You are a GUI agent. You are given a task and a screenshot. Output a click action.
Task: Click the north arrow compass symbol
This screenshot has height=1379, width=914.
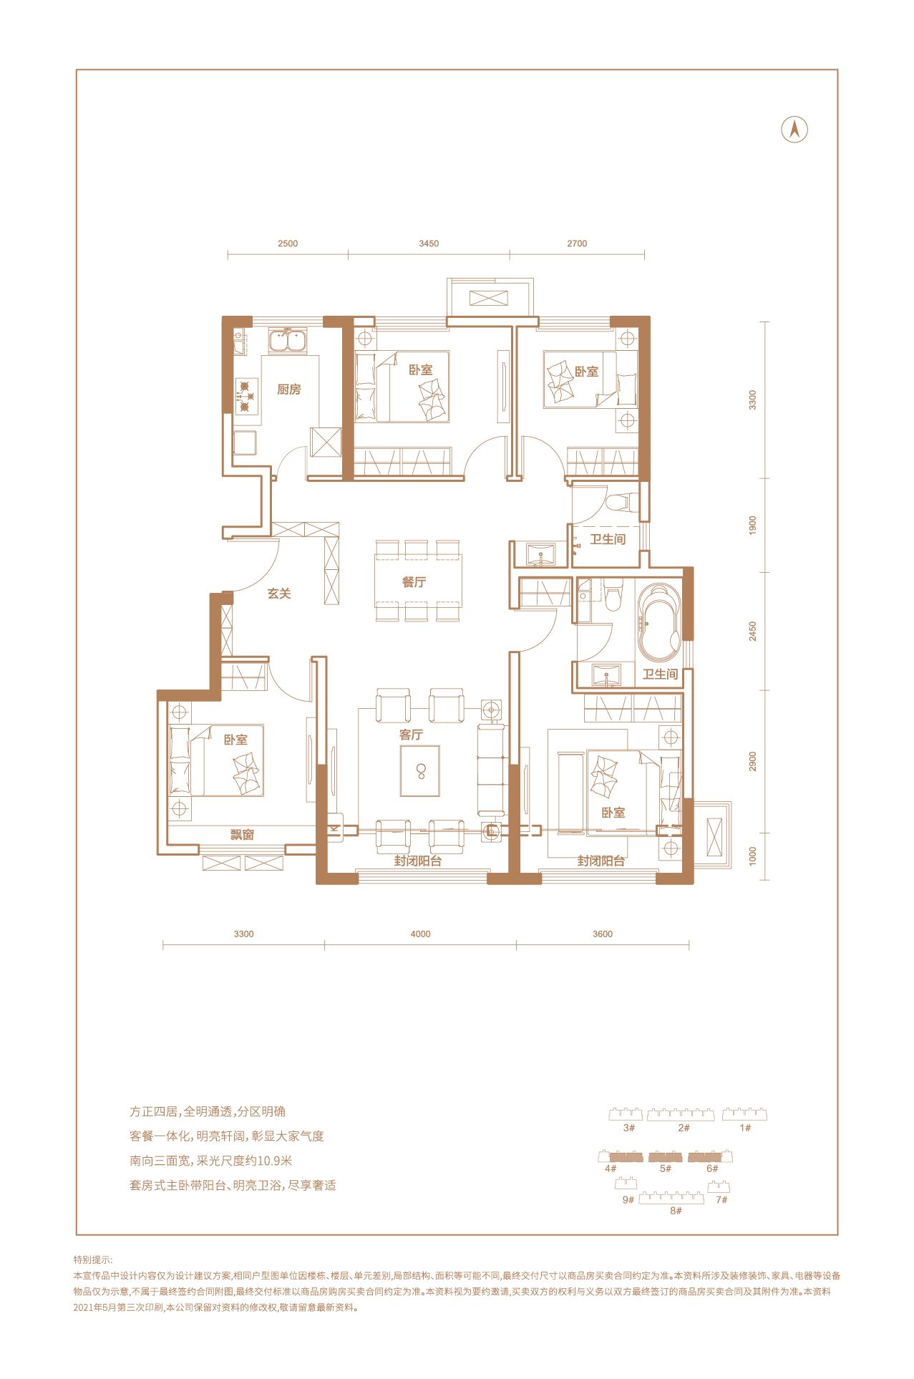794,130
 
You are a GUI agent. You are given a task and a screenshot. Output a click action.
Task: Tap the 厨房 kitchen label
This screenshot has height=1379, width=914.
289,389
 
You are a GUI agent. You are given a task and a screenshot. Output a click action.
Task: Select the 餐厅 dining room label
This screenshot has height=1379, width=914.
414,582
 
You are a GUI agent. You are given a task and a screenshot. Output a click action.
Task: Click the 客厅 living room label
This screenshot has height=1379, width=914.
411,735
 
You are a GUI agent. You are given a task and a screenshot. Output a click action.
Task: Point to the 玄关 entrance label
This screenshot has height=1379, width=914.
279,594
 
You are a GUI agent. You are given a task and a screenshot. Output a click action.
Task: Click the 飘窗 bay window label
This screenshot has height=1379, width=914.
242,835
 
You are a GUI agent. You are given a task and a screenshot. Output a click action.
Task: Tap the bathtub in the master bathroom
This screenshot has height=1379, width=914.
659,623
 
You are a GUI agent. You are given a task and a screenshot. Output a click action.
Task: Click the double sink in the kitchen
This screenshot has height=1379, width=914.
288,341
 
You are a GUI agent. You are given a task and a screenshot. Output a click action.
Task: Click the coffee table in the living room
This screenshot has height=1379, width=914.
420,771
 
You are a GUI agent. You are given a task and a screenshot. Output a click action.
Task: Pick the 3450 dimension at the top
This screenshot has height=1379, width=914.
429,243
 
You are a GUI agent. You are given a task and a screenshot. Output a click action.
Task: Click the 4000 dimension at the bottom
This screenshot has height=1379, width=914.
421,934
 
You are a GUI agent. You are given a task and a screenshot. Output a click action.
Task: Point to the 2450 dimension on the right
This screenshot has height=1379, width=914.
752,631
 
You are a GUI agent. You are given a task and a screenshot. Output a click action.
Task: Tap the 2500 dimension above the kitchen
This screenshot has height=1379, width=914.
288,243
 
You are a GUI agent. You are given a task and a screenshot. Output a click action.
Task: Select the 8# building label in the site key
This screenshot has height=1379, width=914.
676,1211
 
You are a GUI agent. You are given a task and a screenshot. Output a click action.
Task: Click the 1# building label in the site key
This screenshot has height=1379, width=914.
745,1128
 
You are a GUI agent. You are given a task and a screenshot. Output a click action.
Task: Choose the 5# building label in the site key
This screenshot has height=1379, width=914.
666,1168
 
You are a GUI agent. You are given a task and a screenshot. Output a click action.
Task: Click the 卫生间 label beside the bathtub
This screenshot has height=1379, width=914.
660,674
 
